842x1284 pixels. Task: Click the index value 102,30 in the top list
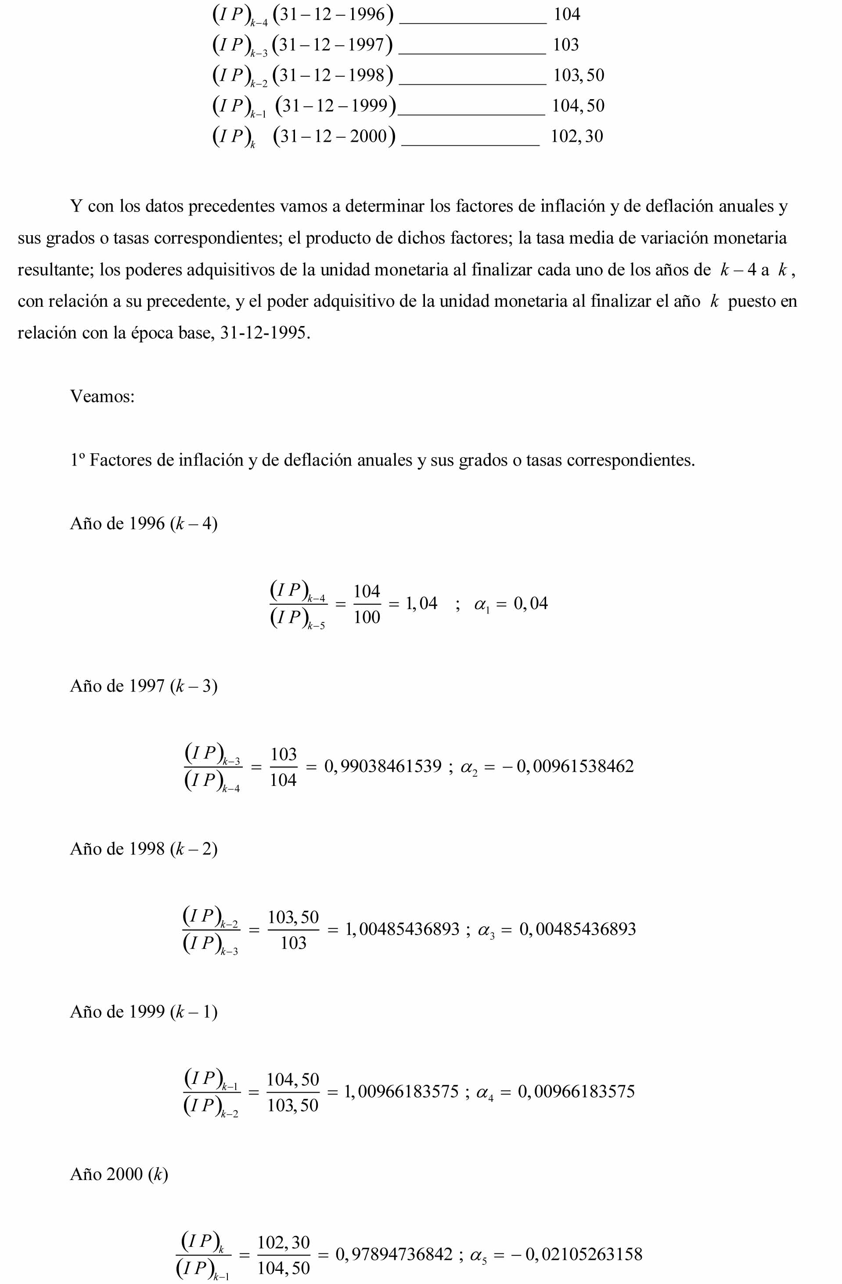576,136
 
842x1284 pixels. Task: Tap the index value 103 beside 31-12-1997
566,45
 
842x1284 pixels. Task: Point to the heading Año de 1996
144,524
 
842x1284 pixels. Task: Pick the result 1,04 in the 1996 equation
421,603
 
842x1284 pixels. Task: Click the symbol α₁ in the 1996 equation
481,605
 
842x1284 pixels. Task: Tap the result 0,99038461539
383,766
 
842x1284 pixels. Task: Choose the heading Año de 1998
144,849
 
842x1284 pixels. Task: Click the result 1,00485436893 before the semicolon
402,929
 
